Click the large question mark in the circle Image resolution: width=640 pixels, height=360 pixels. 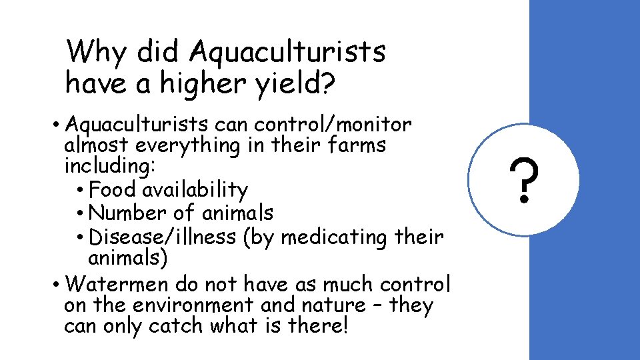(524, 181)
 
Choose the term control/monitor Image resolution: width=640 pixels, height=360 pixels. (333, 125)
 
